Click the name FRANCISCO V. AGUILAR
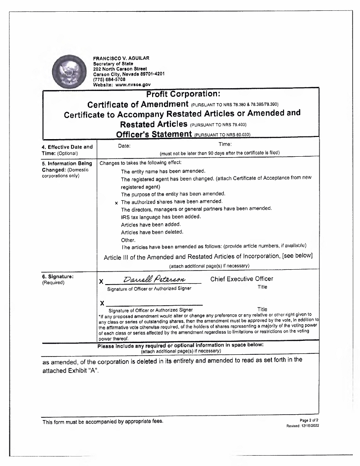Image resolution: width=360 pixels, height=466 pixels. (121, 58)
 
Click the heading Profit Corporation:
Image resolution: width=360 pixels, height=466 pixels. (183, 95)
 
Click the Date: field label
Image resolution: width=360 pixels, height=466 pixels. (124, 145)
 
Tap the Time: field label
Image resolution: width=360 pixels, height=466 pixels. (225, 144)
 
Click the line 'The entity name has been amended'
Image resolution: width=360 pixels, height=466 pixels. (163, 171)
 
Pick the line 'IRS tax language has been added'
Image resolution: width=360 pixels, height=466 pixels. (161, 217)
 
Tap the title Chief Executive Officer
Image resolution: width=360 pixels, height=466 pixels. (242, 279)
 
